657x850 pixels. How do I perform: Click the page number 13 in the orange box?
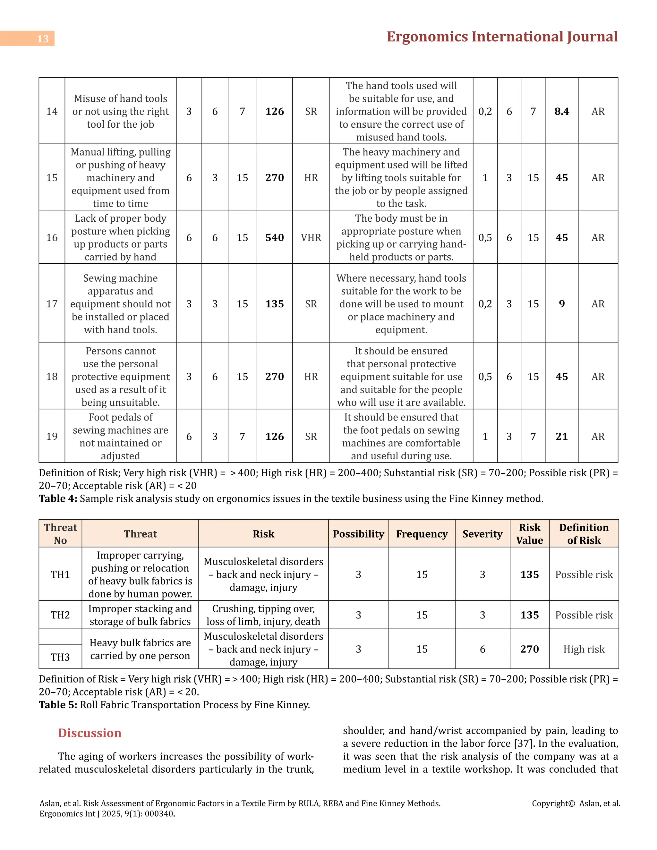[x=43, y=39]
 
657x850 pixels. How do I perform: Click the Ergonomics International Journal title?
[x=502, y=37]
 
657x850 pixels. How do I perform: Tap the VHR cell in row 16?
[x=311, y=237]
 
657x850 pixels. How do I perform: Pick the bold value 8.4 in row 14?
[x=561, y=111]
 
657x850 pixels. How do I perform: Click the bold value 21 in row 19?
[x=561, y=436]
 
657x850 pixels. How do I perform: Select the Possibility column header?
[x=358, y=534]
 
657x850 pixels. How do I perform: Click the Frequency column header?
[x=422, y=534]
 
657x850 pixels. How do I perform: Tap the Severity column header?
[x=482, y=534]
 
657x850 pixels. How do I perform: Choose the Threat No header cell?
[x=60, y=534]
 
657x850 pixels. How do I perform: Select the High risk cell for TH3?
[x=584, y=649]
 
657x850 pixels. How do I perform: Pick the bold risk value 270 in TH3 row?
[x=529, y=649]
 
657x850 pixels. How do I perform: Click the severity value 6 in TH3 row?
[x=482, y=649]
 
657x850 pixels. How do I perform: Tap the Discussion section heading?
[x=90, y=733]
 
